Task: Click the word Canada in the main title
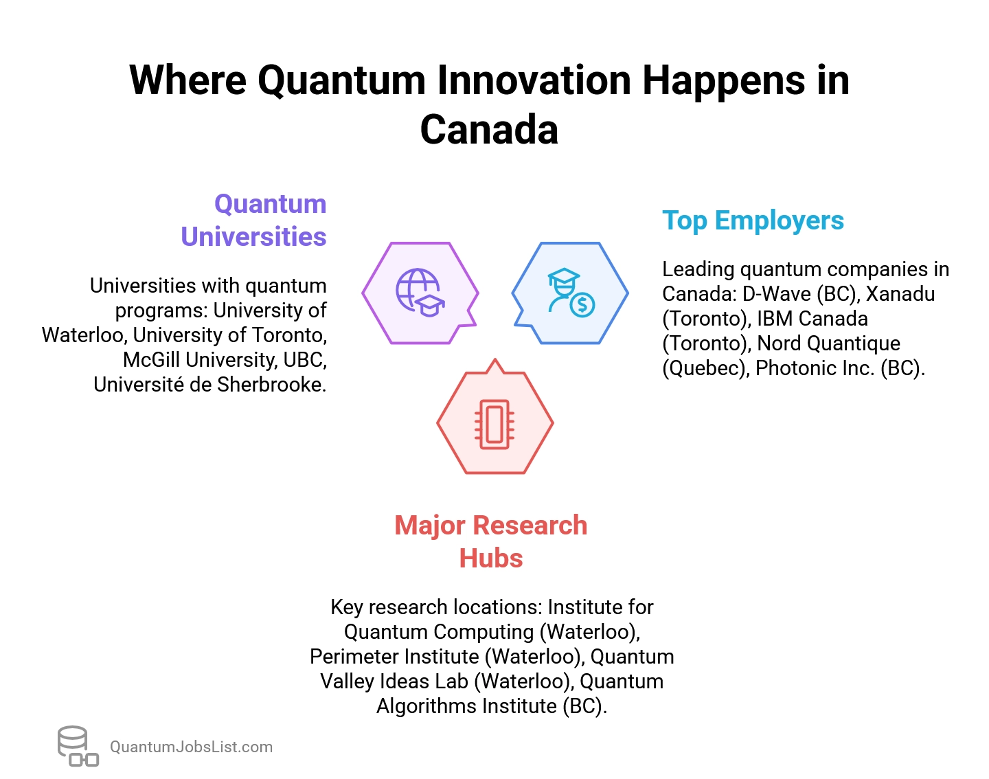[489, 129]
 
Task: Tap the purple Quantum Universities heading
[253, 220]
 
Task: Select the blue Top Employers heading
[753, 221]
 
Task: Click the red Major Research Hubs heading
[491, 541]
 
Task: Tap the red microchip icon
[494, 424]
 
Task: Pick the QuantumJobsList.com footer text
[191, 747]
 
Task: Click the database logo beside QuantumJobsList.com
[77, 746]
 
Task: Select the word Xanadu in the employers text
[900, 294]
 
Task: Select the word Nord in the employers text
[778, 343]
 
